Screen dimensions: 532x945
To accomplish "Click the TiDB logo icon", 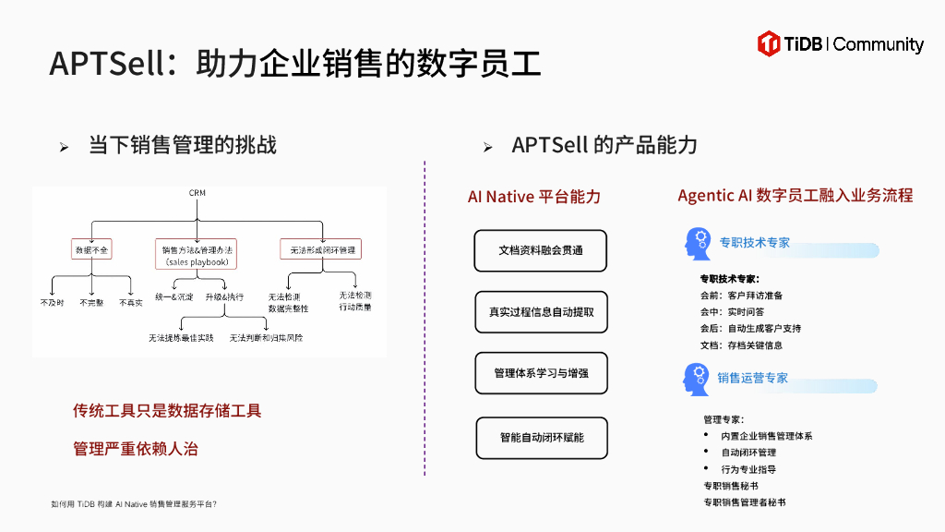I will coord(769,42).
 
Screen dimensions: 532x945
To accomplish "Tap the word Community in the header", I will coord(878,44).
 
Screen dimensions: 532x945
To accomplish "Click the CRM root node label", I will coord(197,193).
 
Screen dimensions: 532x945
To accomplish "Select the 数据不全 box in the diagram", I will coord(92,249).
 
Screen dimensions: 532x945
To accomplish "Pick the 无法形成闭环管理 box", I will coord(320,249).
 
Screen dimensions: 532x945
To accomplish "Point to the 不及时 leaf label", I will coord(53,303).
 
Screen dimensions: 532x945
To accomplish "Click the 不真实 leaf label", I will coord(131,303).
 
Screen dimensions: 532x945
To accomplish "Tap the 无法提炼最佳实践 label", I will coord(181,338).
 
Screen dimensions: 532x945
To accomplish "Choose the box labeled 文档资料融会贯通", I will coord(541,250).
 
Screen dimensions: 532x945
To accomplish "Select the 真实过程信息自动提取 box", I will coord(541,312).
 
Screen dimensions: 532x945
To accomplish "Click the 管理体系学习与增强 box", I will coord(541,373).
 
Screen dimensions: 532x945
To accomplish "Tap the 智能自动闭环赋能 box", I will coord(542,437).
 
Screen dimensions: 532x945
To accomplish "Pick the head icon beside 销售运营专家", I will coord(698,379).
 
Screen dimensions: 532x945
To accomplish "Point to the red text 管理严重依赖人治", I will coord(136,449).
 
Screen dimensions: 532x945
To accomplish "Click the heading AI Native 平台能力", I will coord(534,197).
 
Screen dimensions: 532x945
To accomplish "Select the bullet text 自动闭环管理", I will coord(748,453).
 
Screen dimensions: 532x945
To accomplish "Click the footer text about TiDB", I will coord(134,504).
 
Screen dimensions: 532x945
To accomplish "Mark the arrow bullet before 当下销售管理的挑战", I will coord(64,147).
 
